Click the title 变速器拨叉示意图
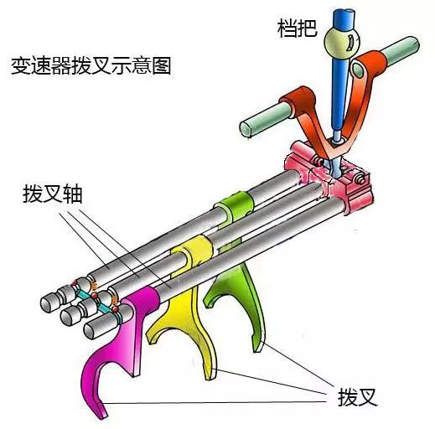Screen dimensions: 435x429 (91, 66)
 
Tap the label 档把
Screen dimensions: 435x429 (298, 28)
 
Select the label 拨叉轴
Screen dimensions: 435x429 (53, 194)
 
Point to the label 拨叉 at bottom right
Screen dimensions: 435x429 (357, 397)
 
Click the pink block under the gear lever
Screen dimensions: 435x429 (329, 182)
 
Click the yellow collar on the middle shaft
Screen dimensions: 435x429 (193, 250)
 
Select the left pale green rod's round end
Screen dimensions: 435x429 (246, 129)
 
